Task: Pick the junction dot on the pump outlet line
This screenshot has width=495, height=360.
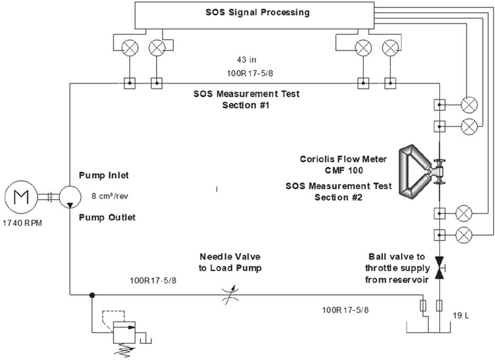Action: point(92,295)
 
